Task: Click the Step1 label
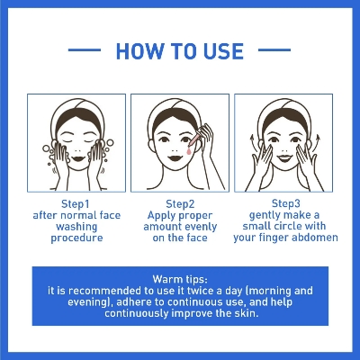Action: (76, 204)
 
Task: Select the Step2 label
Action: (180, 204)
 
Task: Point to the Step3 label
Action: (286, 203)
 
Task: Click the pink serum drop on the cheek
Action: (189, 151)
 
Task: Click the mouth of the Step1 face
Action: (78, 158)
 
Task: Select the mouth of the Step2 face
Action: (175, 157)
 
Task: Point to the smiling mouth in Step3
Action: (284, 157)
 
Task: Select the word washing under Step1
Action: (76, 227)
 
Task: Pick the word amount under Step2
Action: (162, 227)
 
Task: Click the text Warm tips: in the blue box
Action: (180, 279)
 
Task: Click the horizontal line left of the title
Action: (85, 50)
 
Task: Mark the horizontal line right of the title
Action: (274, 50)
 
